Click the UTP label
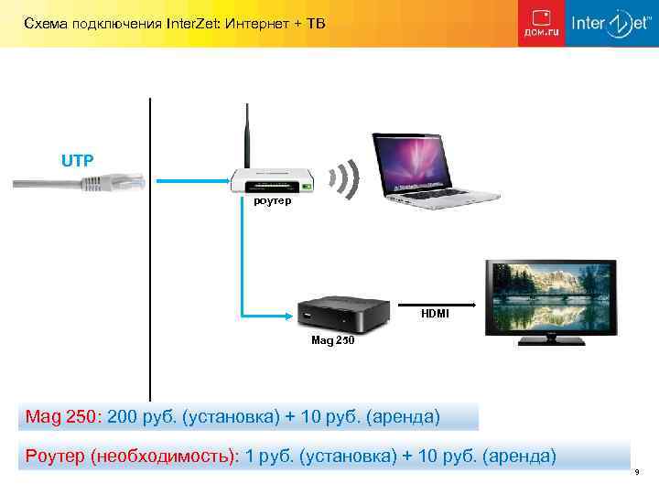77,161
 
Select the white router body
273,180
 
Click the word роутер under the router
273,200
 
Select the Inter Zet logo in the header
604,24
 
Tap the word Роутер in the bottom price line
54,456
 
